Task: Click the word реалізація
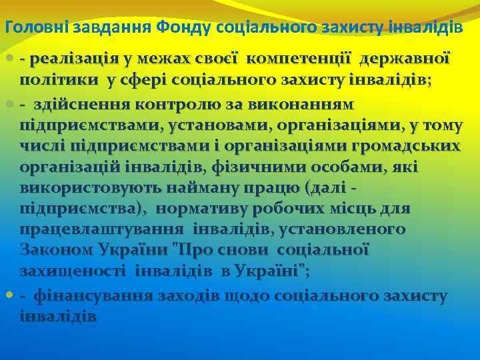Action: pos(80,59)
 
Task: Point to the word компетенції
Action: pos(299,59)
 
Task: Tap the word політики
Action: pos(59,81)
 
